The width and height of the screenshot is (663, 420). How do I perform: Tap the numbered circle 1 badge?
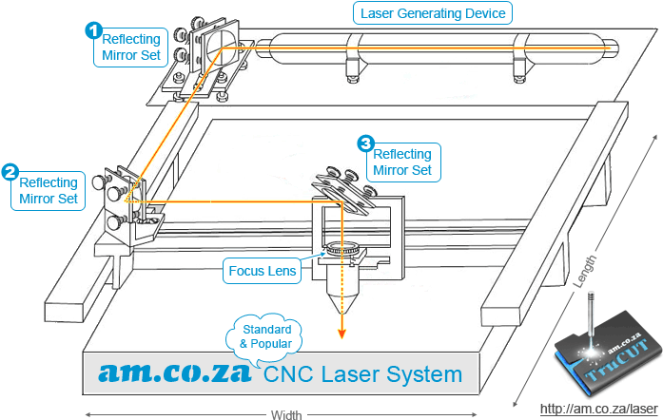tap(93, 30)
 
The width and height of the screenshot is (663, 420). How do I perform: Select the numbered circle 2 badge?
tap(10, 172)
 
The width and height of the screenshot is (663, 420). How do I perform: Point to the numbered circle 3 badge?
tap(365, 143)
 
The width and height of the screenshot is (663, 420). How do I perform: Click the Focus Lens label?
tap(263, 271)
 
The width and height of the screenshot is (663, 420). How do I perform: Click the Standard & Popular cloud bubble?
tap(264, 334)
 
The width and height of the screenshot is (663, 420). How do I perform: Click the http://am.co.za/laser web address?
tap(599, 409)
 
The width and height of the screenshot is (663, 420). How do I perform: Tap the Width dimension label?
tap(286, 414)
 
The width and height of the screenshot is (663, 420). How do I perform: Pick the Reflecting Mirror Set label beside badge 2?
tap(50, 190)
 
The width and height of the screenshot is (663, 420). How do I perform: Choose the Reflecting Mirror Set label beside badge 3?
tap(403, 162)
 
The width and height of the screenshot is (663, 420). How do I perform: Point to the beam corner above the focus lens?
tap(340, 202)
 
